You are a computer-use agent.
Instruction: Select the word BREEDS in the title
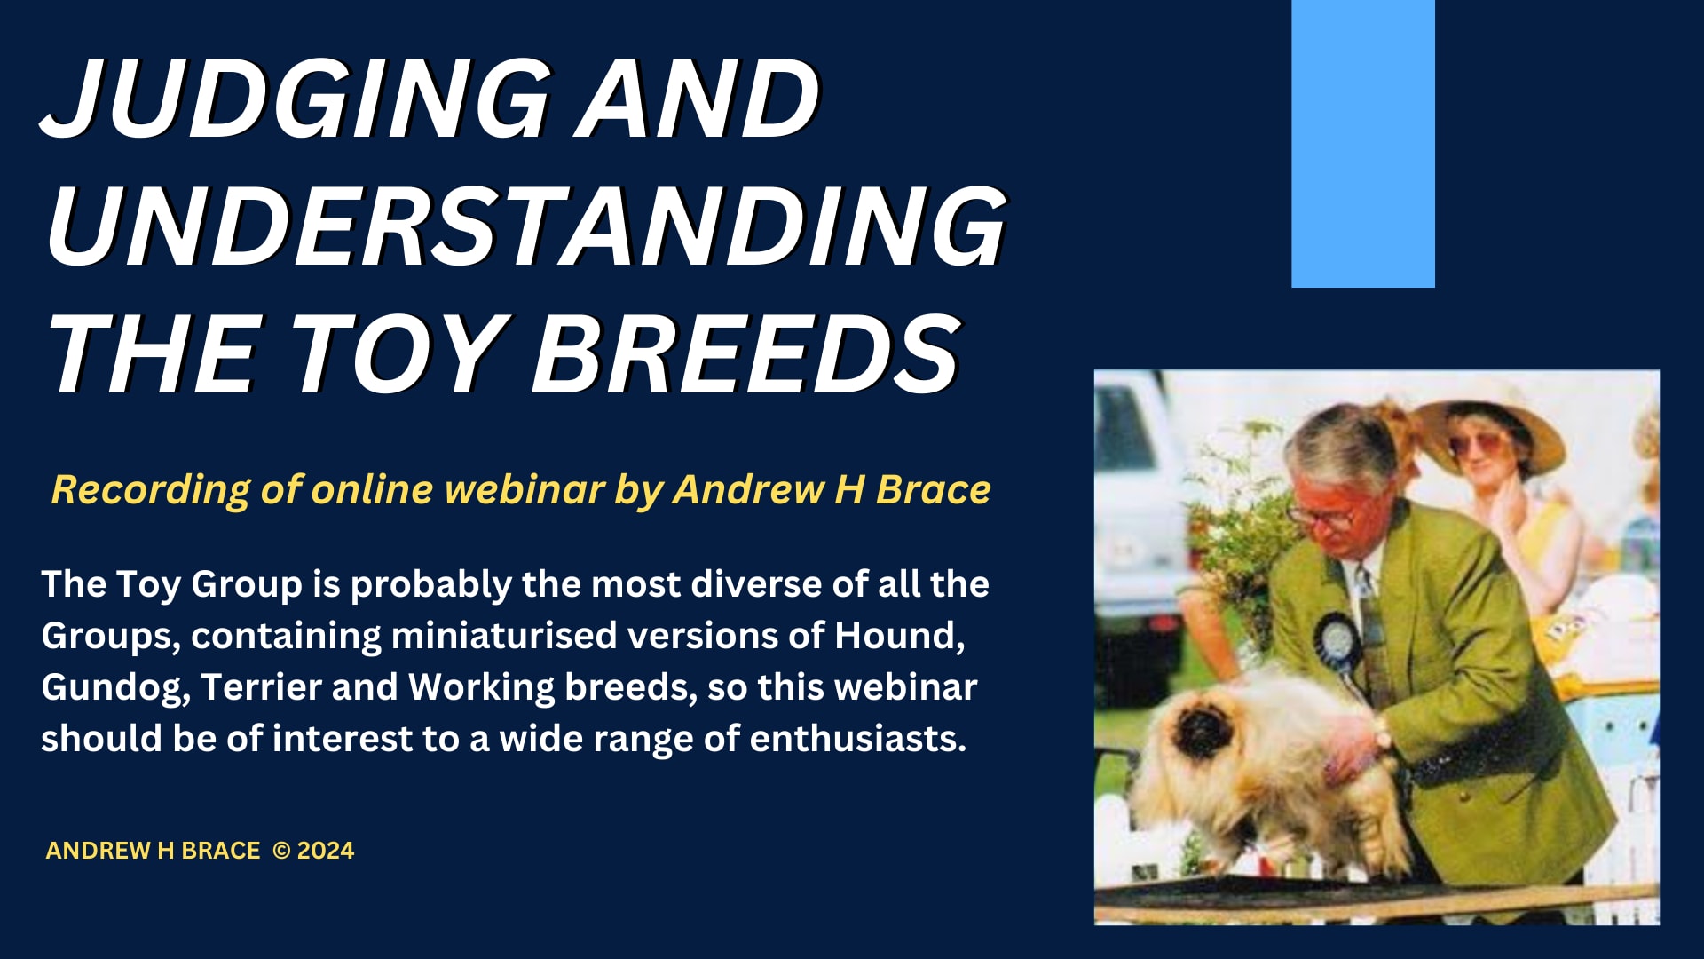coord(745,353)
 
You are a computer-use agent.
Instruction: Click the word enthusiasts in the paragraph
coord(857,739)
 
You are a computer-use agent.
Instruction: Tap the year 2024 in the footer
coord(326,851)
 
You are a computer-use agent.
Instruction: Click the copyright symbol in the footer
coord(281,851)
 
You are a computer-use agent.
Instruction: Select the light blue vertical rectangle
coord(1362,144)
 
